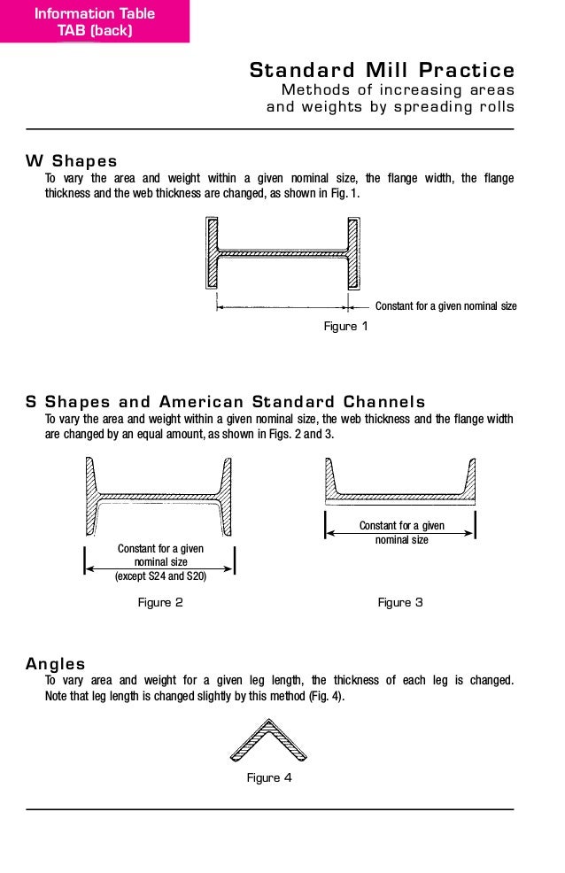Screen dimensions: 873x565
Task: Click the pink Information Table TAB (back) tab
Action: [x=94, y=21]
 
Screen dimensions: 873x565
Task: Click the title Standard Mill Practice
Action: [x=382, y=70]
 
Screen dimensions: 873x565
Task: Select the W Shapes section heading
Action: [x=72, y=161]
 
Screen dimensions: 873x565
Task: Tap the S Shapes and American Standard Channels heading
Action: [x=226, y=402]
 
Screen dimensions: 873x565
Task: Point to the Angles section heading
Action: [x=56, y=663]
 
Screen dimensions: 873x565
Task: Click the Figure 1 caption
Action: [x=345, y=327]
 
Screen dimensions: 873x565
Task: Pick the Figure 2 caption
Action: [x=160, y=603]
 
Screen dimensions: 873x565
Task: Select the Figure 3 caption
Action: [x=400, y=603]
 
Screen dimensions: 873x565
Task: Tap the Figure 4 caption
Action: [x=269, y=778]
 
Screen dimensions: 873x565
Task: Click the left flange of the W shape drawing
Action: [x=212, y=253]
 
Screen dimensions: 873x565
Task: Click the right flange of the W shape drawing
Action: [x=353, y=253]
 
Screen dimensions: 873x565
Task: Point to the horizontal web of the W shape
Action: [x=282, y=253]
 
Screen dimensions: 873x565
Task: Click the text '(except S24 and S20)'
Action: [x=160, y=576]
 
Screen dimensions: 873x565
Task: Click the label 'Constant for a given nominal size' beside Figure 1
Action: [x=446, y=306]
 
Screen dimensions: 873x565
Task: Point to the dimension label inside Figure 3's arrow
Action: [x=401, y=532]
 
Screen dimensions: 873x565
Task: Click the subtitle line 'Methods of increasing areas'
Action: [x=398, y=90]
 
